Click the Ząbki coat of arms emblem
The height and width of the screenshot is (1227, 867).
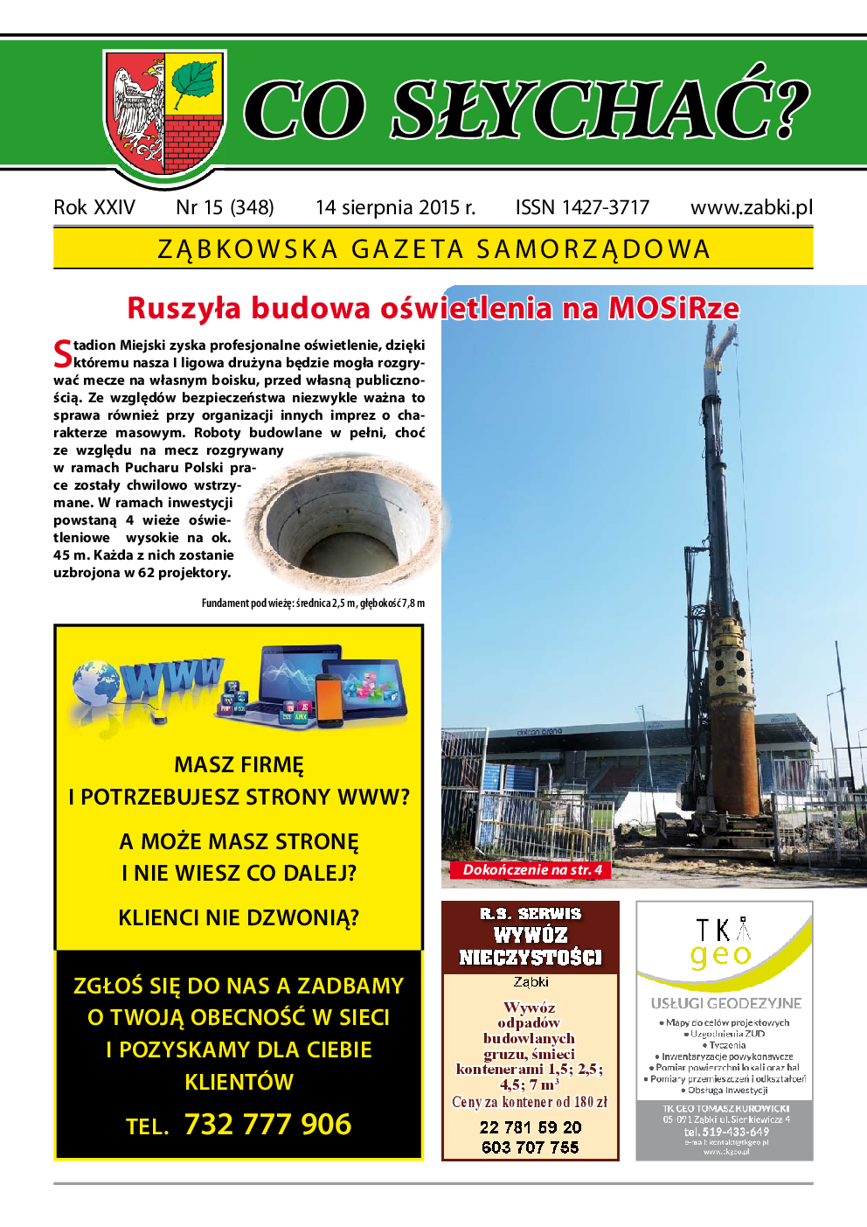click(164, 114)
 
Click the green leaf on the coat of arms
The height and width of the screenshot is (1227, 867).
click(194, 83)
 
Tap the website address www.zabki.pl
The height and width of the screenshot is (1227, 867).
click(751, 207)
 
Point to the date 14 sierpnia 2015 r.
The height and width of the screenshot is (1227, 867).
click(395, 207)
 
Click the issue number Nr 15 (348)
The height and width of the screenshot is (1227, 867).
click(225, 207)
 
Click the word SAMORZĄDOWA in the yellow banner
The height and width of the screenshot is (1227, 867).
click(593, 249)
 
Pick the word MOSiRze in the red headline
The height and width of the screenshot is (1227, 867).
click(673, 308)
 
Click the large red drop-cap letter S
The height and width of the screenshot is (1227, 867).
click(62, 353)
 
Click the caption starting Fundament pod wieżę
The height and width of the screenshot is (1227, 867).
click(313, 603)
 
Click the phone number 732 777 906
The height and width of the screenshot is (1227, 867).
click(267, 1124)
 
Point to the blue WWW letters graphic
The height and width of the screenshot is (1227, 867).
click(172, 678)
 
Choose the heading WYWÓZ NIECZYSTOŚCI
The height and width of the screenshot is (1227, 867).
click(531, 945)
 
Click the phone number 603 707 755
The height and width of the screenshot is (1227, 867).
click(530, 1147)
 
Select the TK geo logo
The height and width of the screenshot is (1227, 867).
click(723, 942)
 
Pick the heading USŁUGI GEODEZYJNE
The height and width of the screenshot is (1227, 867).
click(725, 1003)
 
